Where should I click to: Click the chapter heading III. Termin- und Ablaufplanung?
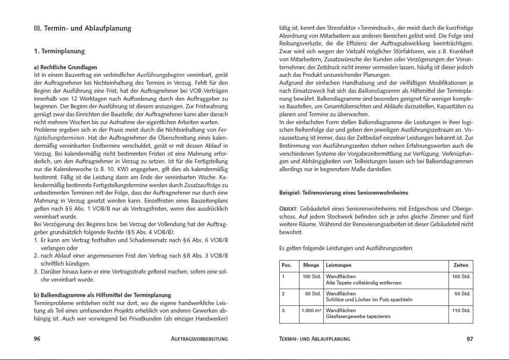coord(82,29)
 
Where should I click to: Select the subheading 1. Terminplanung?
coord(59,51)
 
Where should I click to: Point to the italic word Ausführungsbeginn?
coord(161,75)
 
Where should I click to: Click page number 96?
coord(37,339)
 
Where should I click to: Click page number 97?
coord(470,339)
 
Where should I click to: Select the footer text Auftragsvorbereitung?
coord(199,339)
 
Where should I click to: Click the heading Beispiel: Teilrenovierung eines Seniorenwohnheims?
coord(344,193)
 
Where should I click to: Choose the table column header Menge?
coord(311,265)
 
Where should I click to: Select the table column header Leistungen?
coord(338,265)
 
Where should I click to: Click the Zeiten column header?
coord(461,265)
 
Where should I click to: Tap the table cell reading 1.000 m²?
coord(311,311)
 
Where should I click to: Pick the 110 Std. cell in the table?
coord(461,311)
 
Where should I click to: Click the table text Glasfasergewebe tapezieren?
coord(358,317)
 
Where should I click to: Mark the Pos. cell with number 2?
coord(283,294)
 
